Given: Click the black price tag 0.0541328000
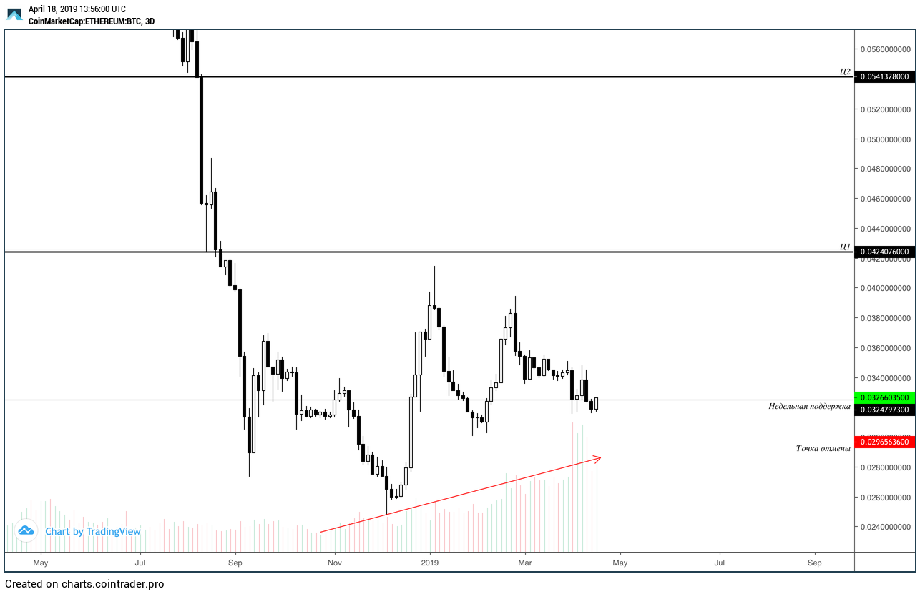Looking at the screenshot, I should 884,76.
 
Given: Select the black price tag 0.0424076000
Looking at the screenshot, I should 884,252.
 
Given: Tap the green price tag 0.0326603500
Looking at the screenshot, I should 884,397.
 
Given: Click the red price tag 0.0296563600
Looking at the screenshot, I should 884,442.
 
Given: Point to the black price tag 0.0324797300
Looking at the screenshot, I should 884,410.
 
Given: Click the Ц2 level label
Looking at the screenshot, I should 845,71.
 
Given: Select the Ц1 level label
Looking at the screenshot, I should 845,247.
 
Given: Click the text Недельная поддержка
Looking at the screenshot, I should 809,406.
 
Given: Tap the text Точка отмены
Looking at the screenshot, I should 823,448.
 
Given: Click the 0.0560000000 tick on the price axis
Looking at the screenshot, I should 884,49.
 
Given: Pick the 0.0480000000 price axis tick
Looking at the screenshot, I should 884,169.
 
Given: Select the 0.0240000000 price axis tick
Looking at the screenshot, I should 884,527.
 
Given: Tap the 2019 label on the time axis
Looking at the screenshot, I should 430,563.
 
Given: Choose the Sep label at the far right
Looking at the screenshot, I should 814,563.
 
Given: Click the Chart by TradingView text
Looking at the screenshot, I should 93,531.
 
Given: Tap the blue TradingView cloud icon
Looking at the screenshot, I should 26,530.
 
